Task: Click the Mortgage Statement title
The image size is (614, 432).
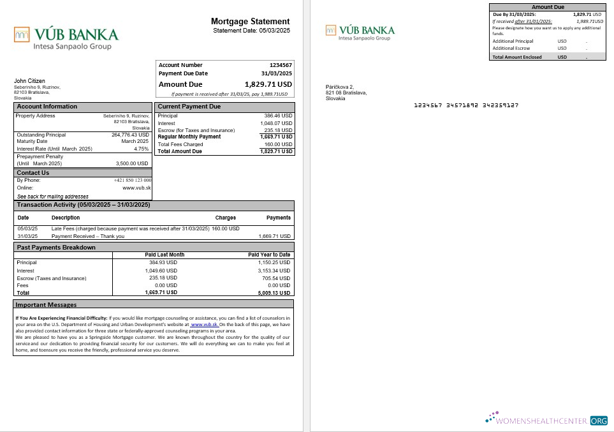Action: [x=250, y=22]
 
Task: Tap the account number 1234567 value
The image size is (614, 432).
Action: [x=281, y=65]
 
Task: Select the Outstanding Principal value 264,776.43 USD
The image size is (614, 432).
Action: [x=130, y=135]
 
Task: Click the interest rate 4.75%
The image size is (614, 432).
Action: [x=141, y=149]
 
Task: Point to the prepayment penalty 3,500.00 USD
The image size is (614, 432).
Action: [x=132, y=163]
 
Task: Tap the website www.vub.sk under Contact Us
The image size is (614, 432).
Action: [x=136, y=188]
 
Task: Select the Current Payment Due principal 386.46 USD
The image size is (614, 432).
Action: [x=278, y=116]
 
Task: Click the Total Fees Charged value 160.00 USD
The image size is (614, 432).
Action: [x=278, y=144]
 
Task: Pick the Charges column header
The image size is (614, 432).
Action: [x=225, y=218]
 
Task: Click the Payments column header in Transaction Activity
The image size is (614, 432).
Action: [x=279, y=218]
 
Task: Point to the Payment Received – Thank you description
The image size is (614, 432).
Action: [x=88, y=236]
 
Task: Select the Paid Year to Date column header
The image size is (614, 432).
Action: [x=269, y=255]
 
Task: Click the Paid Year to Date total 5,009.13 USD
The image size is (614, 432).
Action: [x=275, y=292]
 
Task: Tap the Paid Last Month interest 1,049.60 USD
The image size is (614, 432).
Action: [x=161, y=271]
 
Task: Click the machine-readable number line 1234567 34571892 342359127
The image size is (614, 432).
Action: [x=457, y=105]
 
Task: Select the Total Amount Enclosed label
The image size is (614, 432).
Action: [x=517, y=57]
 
